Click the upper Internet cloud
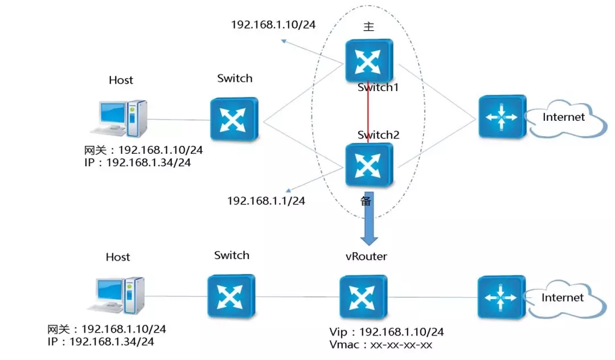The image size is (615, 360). [564, 118]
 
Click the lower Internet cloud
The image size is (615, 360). [563, 297]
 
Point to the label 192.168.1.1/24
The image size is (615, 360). [266, 201]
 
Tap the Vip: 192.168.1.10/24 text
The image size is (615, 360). [387, 332]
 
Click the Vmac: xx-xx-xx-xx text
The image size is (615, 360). [381, 345]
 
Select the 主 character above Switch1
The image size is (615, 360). [369, 27]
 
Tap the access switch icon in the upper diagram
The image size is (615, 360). [233, 118]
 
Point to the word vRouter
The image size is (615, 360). [366, 256]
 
